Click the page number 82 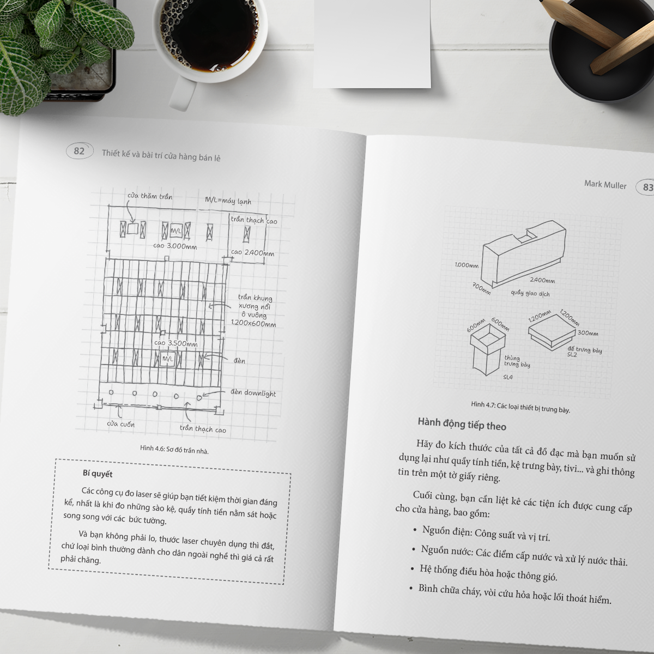[x=80, y=150]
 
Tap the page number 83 [x=647, y=187]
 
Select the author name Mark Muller [x=605, y=184]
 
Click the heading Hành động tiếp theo [x=462, y=425]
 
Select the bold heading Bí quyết [x=98, y=474]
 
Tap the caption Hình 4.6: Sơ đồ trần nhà [x=174, y=450]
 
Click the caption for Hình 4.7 [x=520, y=407]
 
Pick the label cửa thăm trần [x=149, y=196]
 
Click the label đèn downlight [x=253, y=393]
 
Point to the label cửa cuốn [x=120, y=424]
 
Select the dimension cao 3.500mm [x=175, y=343]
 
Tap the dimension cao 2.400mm [x=252, y=253]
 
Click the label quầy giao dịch [x=530, y=293]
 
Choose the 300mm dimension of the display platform [x=588, y=333]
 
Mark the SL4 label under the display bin [x=507, y=377]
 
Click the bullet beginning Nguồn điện [x=486, y=533]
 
